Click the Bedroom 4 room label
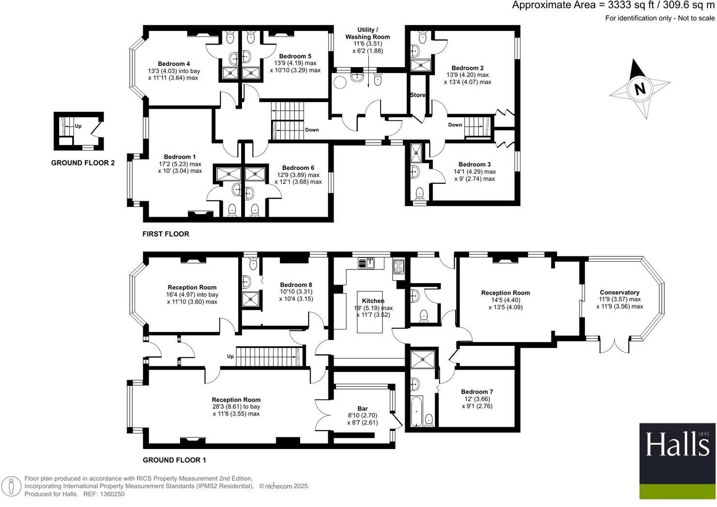[174, 64]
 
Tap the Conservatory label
[619, 292]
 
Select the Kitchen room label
[373, 301]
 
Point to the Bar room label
[363, 408]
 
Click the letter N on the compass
[640, 89]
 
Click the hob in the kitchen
[398, 266]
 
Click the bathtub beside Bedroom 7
[416, 411]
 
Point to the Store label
[417, 95]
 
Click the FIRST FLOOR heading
[166, 234]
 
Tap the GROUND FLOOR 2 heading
[83, 163]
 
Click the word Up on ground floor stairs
[230, 357]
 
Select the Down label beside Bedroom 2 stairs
[455, 125]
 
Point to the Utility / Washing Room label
[367, 33]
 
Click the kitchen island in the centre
[373, 312]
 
